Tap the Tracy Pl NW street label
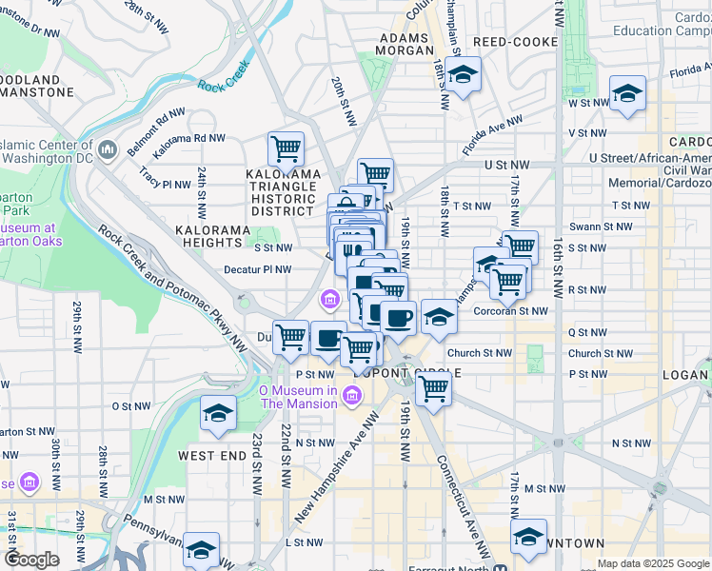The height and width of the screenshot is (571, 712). tap(165, 178)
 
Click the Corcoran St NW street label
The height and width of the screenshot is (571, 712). tap(510, 310)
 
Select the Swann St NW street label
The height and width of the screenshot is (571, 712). tap(609, 226)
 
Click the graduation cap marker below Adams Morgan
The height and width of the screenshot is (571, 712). tap(463, 74)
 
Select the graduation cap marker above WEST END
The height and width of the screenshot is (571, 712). tap(219, 414)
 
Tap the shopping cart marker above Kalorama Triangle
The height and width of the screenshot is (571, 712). tap(286, 148)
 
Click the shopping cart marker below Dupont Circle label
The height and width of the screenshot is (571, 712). tap(433, 387)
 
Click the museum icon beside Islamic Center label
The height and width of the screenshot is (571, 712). tap(108, 150)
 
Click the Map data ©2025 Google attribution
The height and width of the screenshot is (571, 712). tap(652, 563)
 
